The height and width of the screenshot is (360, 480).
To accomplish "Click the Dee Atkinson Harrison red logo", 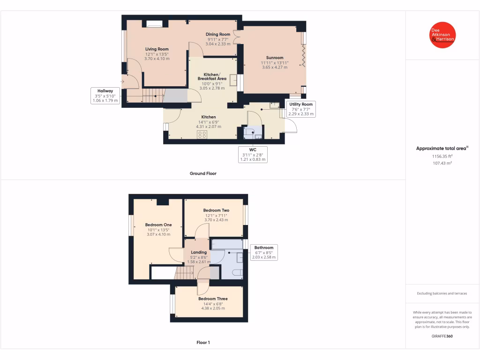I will [442, 35].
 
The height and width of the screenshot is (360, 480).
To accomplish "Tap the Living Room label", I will [157, 49].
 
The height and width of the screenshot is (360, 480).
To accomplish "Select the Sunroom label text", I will [275, 58].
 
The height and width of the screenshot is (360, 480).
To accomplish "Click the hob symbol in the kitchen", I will [202, 135].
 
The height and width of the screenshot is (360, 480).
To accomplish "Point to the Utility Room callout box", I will [300, 109].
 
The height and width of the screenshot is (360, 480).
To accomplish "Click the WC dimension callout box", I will [253, 155].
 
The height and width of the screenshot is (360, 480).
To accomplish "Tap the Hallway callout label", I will [105, 95].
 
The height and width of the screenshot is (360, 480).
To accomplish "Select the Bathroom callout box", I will [264, 252].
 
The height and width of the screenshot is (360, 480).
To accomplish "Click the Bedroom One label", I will [158, 225].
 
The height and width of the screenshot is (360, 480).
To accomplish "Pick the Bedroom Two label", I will [216, 210].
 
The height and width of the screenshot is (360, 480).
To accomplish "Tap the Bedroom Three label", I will [213, 299].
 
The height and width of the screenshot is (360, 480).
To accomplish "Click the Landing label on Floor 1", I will [199, 252].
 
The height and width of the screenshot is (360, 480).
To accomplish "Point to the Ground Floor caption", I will [203, 173].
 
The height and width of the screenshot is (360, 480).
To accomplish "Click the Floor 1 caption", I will [203, 343].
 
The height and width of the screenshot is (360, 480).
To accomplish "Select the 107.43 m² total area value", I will [442, 163].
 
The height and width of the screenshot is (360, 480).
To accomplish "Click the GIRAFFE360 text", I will [442, 336].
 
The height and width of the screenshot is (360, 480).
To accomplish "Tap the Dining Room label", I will [218, 34].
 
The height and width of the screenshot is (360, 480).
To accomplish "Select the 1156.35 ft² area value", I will [442, 156].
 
